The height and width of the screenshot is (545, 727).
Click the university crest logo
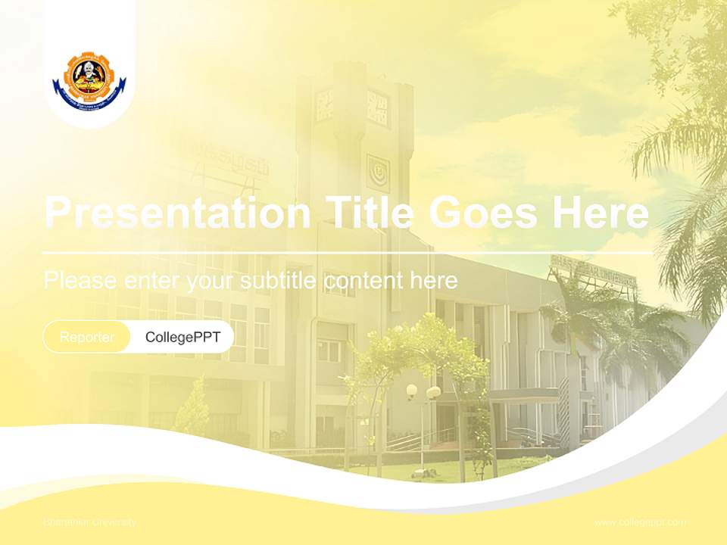click(x=89, y=82)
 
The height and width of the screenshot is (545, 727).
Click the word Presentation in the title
click(x=176, y=213)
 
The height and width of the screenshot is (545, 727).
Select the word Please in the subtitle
click(x=80, y=281)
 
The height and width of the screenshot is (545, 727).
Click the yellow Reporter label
click(x=87, y=337)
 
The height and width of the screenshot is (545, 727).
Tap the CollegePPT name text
click(x=183, y=337)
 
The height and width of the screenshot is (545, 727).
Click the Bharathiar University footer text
click(x=90, y=522)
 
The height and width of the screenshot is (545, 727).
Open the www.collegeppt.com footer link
click(x=640, y=522)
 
